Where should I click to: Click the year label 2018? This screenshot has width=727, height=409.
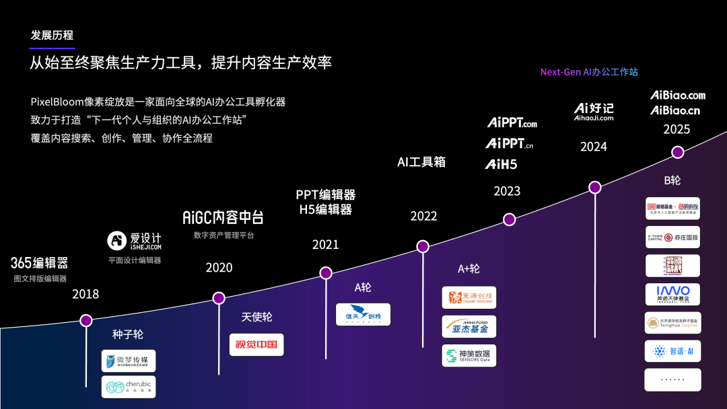pos(85,294)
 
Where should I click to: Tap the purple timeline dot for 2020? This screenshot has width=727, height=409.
pos(218,298)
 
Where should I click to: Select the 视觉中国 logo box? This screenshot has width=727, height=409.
pos(256,344)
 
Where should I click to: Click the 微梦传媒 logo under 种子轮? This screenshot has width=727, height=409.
pos(129,361)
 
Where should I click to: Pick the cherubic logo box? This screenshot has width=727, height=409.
pos(129,387)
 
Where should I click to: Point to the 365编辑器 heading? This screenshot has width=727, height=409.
pos(39,262)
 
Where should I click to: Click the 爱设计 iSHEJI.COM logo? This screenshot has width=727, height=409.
pos(135,241)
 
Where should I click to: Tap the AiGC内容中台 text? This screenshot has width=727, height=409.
pos(223,217)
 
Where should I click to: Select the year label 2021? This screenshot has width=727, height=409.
pos(326,245)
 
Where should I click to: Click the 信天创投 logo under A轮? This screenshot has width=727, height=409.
pos(363,315)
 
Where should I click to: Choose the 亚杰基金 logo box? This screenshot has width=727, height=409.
pos(469,326)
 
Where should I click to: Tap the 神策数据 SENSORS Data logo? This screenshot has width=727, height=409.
pos(469,355)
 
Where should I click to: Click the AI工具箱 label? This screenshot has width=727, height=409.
pos(421,162)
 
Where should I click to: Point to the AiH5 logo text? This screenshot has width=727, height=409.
pos(501,163)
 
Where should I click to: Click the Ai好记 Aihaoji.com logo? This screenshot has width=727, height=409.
pos(594,112)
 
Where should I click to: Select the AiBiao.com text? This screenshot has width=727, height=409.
pos(678,96)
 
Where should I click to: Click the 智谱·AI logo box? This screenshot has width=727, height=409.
pos(672,351)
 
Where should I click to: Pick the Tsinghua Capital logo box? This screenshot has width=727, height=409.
pos(672,323)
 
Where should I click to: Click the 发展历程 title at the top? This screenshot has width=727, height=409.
pos(52,35)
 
